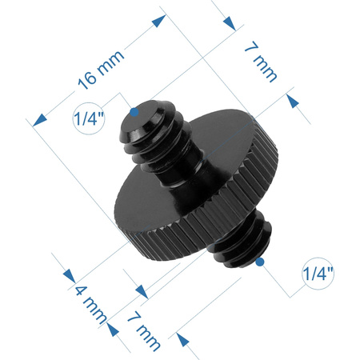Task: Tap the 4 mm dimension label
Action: (x=92, y=298)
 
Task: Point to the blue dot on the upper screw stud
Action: (x=135, y=112)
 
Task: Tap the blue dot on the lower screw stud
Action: (x=261, y=261)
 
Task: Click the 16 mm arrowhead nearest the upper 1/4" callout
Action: (x=37, y=119)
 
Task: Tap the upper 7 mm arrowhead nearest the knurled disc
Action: (x=290, y=102)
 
